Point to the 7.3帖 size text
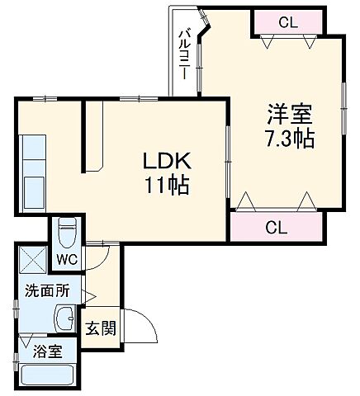[x=289, y=139]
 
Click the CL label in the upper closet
[x=287, y=23]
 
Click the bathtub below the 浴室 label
[x=46, y=377]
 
